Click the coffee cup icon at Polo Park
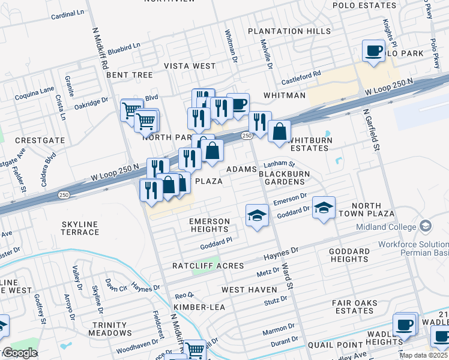point(373,50)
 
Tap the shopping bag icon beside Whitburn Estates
point(279,131)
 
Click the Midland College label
point(386,227)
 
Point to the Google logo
point(20,353)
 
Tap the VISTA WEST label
point(190,66)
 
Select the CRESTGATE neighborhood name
point(40,140)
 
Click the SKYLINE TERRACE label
point(80,228)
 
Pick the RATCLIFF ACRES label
point(208,265)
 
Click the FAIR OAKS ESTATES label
point(354,307)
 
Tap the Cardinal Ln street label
point(68,13)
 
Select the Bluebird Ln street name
point(125,46)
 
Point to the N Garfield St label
point(370,130)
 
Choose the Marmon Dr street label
point(278,330)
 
